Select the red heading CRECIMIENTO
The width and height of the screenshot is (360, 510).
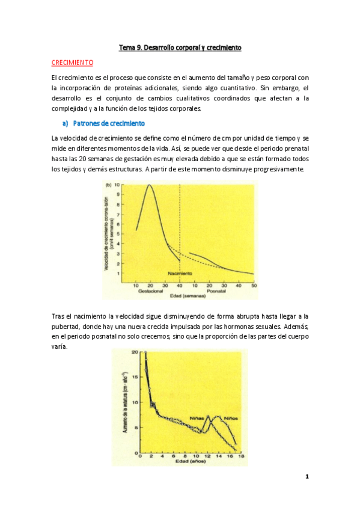click(72, 63)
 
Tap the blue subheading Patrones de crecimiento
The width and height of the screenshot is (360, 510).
click(108, 123)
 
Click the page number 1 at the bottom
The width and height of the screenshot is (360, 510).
click(307, 478)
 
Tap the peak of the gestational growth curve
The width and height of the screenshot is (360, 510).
click(148, 186)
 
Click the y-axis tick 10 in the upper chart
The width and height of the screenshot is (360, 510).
click(124, 186)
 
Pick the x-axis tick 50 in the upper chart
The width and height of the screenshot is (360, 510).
click(254, 284)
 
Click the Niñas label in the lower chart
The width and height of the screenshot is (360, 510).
click(199, 418)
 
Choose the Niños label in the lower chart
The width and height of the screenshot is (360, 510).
click(231, 418)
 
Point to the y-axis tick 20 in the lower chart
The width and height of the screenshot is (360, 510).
click(135, 352)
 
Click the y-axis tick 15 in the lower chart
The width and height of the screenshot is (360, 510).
click(135, 378)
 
